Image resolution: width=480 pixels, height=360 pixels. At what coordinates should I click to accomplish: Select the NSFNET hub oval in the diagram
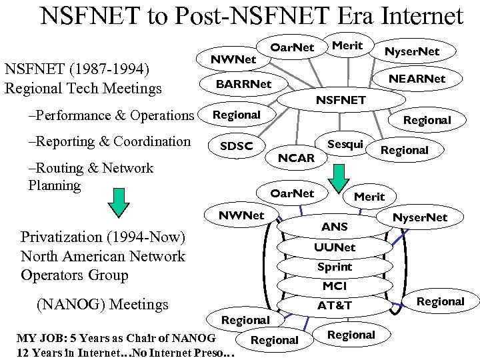click(341, 100)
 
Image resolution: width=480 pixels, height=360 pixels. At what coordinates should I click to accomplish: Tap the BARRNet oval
click(244, 84)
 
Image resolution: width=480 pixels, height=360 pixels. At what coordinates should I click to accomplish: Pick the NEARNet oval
click(417, 79)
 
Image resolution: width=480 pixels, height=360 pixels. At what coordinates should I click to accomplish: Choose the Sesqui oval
click(345, 145)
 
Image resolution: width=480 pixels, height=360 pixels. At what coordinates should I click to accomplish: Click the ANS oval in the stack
click(334, 227)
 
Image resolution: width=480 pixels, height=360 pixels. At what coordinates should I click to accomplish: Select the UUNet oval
click(335, 247)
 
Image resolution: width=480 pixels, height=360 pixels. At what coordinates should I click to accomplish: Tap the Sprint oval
click(335, 267)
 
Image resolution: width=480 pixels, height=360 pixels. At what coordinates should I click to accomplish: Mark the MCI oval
click(335, 286)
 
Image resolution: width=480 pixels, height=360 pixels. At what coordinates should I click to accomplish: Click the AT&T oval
click(335, 305)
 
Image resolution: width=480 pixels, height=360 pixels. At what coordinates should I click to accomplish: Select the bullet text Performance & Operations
click(111, 115)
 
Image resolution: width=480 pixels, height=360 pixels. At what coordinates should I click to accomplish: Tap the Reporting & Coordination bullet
click(109, 141)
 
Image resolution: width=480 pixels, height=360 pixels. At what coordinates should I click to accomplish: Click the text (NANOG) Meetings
click(101, 305)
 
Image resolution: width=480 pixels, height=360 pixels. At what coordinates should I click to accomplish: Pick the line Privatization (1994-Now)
click(103, 237)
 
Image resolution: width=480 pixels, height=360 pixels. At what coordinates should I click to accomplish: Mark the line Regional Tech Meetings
click(83, 88)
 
